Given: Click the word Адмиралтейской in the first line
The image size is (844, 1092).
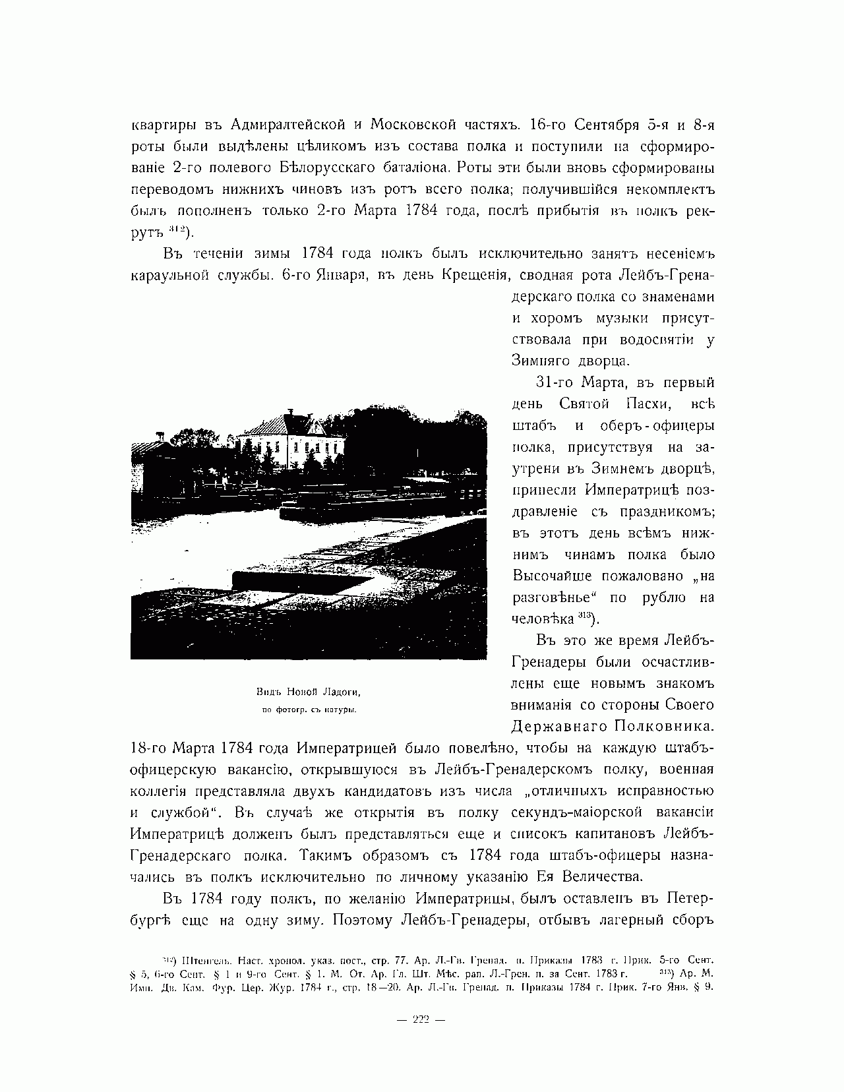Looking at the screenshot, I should pos(295,125).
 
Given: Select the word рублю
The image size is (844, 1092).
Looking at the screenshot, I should pos(663,597).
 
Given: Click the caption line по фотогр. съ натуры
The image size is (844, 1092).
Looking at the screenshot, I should pos(309,710).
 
